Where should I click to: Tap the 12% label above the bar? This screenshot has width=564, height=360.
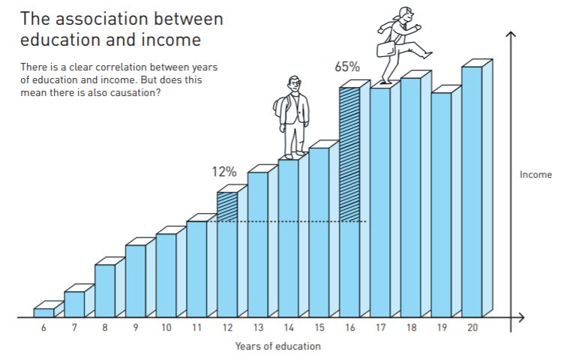click(x=223, y=172)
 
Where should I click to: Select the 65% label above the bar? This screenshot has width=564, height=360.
click(x=346, y=67)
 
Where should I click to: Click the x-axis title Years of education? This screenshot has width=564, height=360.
click(x=277, y=346)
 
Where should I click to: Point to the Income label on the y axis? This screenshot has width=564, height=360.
click(x=535, y=175)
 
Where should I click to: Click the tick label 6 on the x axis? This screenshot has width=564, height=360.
click(x=43, y=328)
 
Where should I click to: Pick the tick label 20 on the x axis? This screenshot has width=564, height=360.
click(x=472, y=328)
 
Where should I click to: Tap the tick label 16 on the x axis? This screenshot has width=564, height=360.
click(x=349, y=328)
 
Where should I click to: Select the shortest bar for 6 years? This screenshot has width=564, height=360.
click(x=43, y=313)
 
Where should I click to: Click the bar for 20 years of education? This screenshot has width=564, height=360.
click(x=472, y=191)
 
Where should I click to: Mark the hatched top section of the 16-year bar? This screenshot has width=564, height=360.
click(x=349, y=154)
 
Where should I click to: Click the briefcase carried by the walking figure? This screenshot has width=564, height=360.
click(x=385, y=49)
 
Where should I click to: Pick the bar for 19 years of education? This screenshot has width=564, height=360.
click(x=441, y=204)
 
